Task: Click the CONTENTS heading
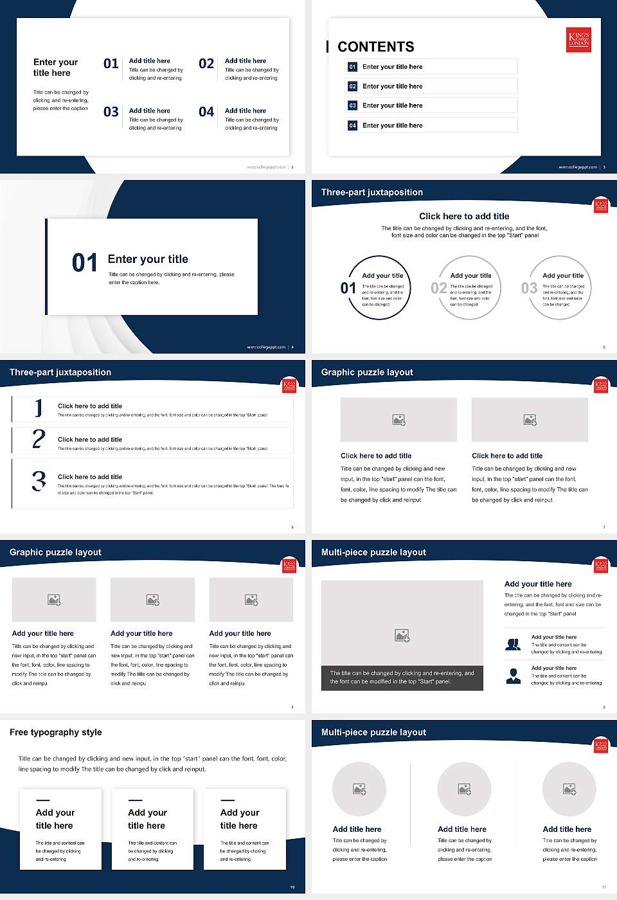click(x=375, y=47)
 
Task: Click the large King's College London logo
click(x=578, y=39)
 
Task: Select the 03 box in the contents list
click(x=352, y=105)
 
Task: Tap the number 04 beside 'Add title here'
click(x=206, y=113)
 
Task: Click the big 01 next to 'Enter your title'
click(x=85, y=263)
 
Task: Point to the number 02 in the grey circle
click(x=439, y=288)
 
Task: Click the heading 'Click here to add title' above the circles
click(x=464, y=217)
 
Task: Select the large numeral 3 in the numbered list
click(x=39, y=481)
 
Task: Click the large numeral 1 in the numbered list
click(x=39, y=408)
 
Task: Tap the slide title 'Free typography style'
click(x=56, y=732)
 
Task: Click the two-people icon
click(x=513, y=644)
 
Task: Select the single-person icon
click(x=514, y=676)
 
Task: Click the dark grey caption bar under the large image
click(x=402, y=678)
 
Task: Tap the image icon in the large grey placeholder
click(x=402, y=636)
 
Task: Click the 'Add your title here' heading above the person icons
click(x=538, y=584)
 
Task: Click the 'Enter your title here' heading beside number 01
click(x=393, y=67)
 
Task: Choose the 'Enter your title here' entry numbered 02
click(x=393, y=86)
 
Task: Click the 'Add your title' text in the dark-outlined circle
click(x=383, y=276)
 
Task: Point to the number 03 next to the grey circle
click(x=529, y=288)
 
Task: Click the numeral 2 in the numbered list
click(x=39, y=439)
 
